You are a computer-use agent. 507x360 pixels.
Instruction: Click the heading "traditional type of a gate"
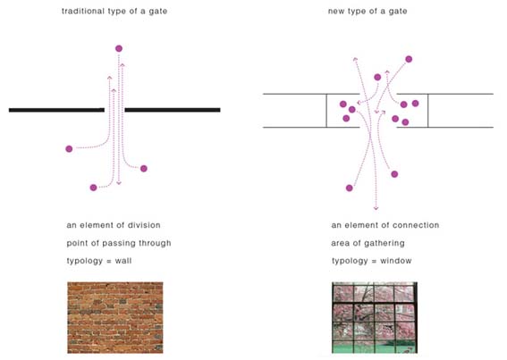click(114, 12)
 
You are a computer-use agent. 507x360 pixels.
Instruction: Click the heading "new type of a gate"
click(368, 12)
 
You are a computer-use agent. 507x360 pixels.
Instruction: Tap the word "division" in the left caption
click(144, 225)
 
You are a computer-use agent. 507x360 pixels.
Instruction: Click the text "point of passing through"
click(119, 243)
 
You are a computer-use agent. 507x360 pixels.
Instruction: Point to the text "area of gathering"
click(368, 243)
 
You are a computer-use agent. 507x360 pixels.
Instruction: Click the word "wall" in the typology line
click(123, 261)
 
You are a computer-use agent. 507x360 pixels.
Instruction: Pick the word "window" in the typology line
click(396, 261)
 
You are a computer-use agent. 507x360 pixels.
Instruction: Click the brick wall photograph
click(115, 317)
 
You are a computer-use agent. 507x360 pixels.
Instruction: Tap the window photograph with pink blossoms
click(375, 317)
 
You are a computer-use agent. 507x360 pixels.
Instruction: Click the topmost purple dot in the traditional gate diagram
click(119, 48)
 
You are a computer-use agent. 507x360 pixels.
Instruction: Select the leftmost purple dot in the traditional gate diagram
click(69, 149)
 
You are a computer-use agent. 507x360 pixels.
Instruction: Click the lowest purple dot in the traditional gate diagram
click(93, 188)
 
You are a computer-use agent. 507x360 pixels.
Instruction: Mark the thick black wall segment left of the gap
click(56, 110)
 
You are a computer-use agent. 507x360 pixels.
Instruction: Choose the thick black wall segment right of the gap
click(173, 110)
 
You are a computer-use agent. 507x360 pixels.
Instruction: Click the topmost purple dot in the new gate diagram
click(409, 59)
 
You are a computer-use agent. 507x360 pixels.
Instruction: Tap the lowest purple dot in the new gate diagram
click(350, 188)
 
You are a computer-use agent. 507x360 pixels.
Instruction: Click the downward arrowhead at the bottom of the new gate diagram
click(376, 208)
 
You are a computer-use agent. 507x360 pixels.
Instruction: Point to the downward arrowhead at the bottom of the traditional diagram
click(119, 183)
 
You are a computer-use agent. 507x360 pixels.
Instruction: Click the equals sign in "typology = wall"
click(109, 261)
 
